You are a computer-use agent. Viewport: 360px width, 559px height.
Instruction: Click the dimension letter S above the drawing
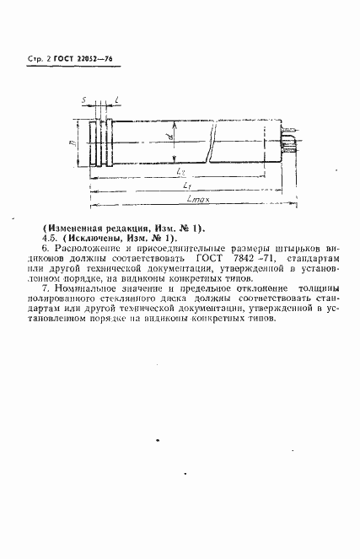tap(85, 99)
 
